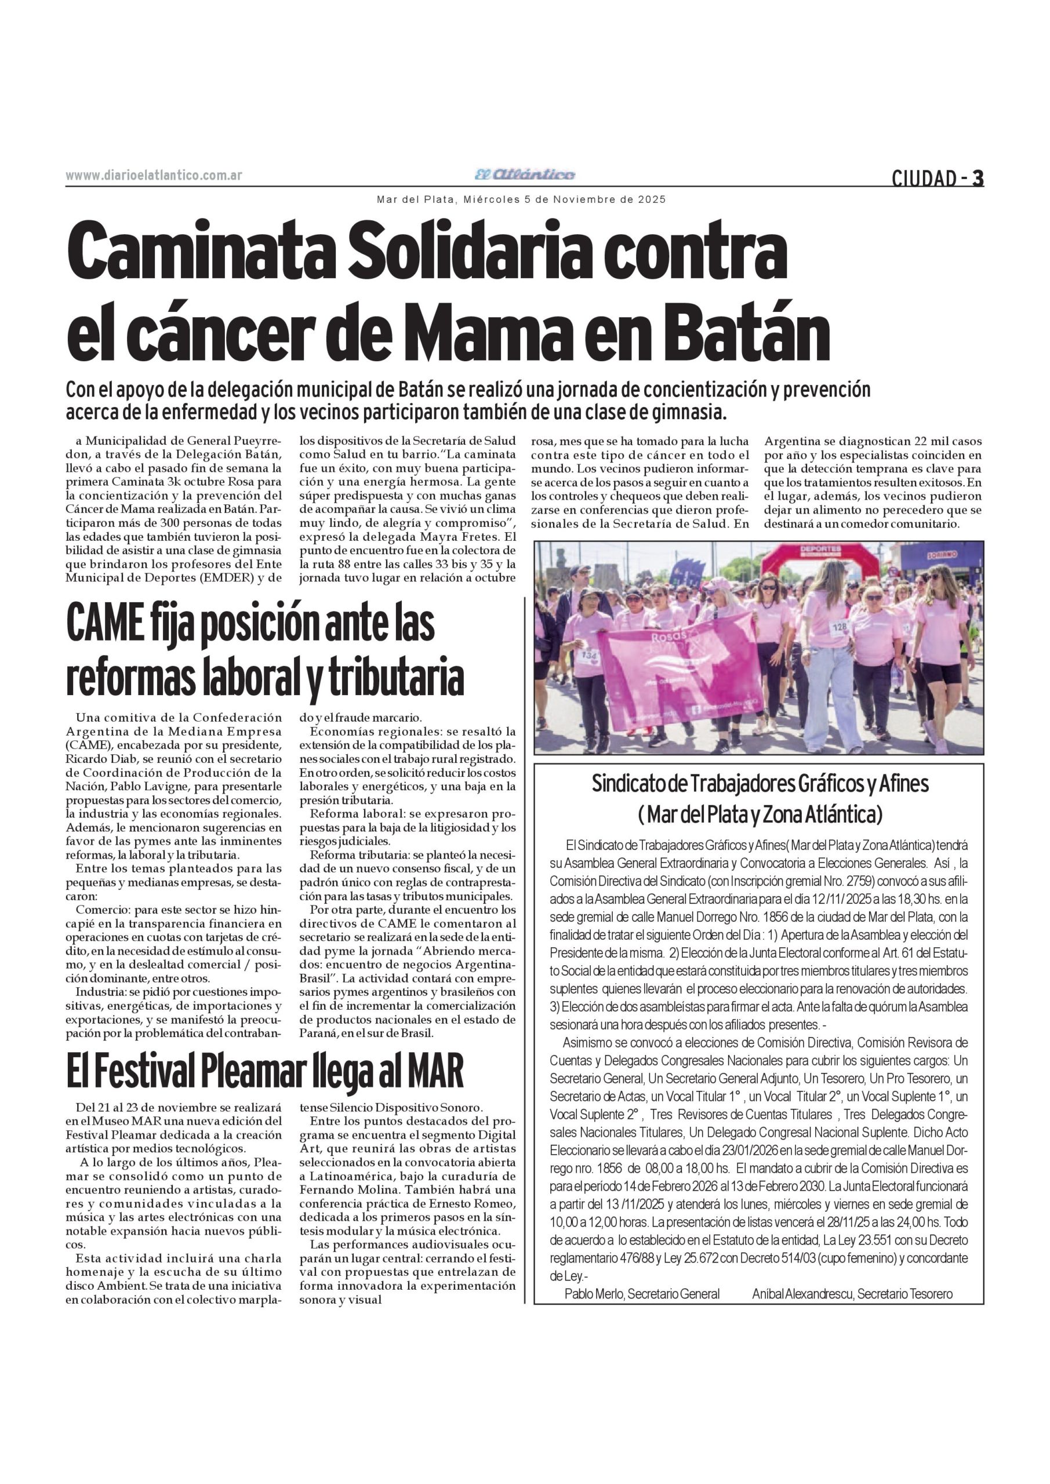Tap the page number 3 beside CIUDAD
978,178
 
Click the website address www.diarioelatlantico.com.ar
154,175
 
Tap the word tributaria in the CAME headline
395,676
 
